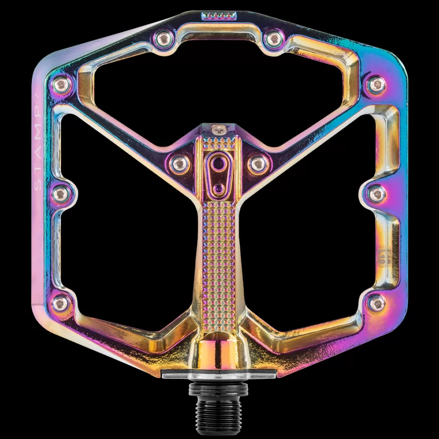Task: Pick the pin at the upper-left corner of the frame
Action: pos(61,84)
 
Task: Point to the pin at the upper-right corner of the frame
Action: pos(376,84)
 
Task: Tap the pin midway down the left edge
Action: pos(61,192)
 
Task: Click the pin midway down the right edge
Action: pos(376,192)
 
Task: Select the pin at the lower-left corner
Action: pos(61,303)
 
